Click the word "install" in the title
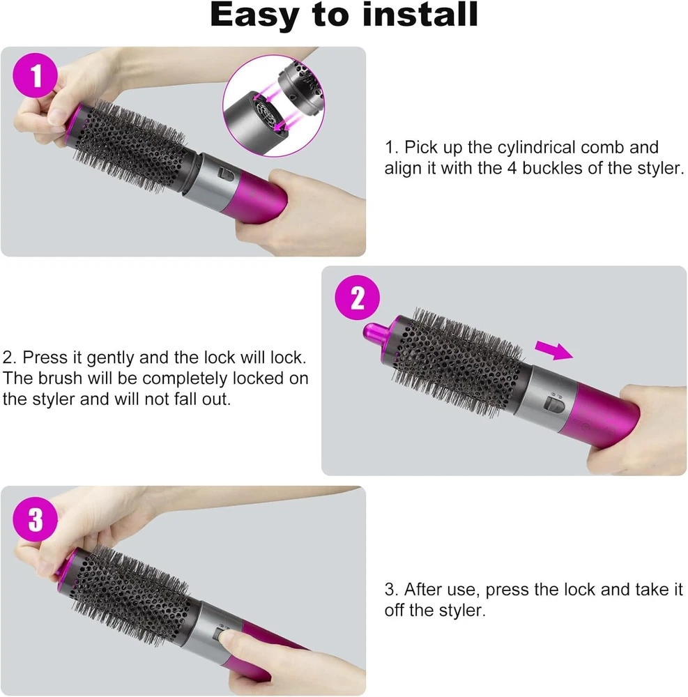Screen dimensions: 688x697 (x=420, y=15)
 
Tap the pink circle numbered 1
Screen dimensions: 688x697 (x=36, y=75)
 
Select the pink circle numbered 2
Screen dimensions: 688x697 (x=358, y=298)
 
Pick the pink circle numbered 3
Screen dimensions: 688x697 (x=36, y=519)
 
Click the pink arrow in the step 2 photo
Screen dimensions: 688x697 (x=553, y=350)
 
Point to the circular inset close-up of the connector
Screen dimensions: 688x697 (x=274, y=106)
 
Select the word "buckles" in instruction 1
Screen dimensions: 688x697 (x=553, y=168)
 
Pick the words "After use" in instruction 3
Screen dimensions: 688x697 (x=442, y=590)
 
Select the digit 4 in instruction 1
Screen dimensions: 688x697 (x=512, y=169)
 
